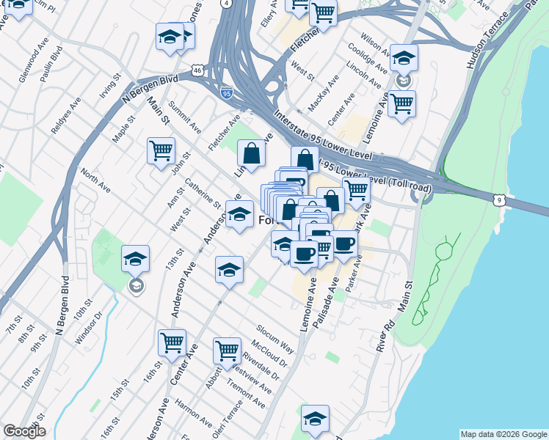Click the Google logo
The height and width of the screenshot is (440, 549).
tap(24, 431)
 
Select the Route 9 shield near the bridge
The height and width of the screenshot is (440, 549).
tap(498, 199)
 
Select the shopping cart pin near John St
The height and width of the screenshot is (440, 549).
tap(161, 152)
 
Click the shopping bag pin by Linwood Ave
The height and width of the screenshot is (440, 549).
tap(251, 154)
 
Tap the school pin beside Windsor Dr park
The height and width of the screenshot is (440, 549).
tap(135, 259)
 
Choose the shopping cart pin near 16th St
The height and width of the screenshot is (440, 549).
tap(172, 342)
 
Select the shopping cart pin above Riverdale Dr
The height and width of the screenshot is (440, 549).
tap(227, 351)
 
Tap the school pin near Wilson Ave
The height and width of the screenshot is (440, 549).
tap(403, 58)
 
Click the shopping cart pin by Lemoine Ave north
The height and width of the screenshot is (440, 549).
tap(401, 104)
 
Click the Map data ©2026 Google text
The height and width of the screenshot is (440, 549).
tap(503, 434)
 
